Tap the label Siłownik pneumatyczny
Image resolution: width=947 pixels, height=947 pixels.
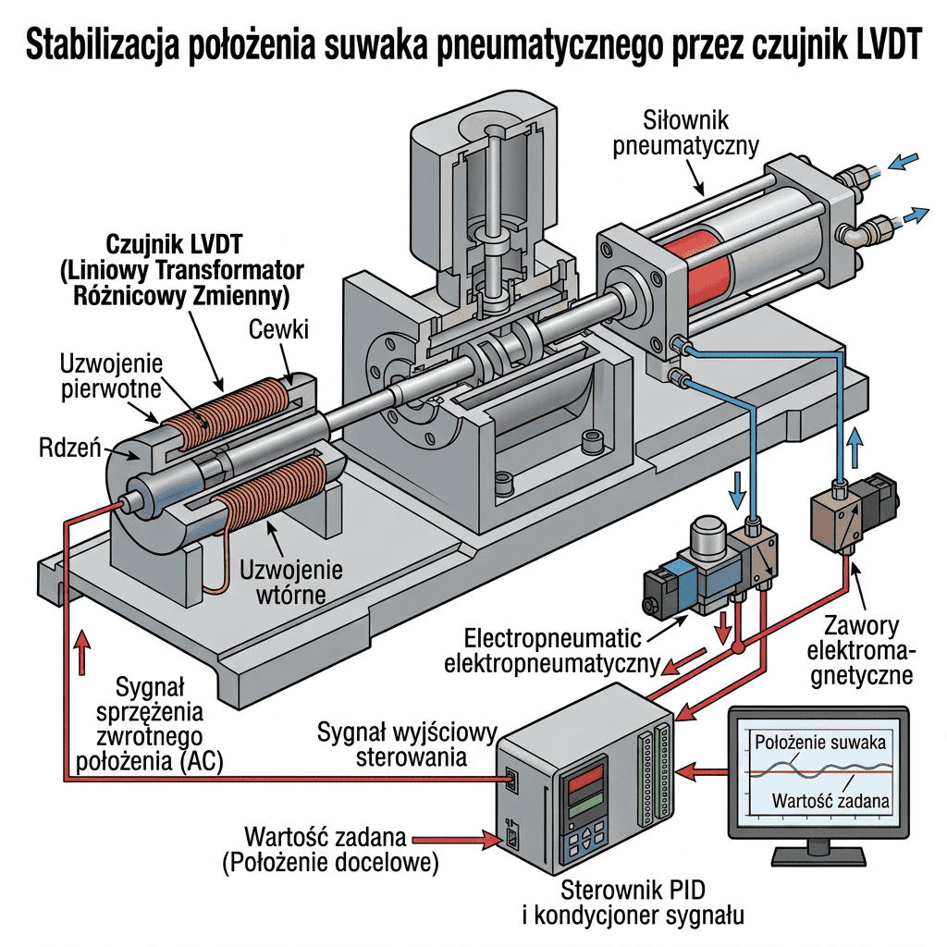(685, 133)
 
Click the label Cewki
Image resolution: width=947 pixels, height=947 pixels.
(278, 330)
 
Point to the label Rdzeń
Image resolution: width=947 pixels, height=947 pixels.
(69, 448)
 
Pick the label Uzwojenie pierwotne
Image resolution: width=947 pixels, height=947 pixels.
(111, 376)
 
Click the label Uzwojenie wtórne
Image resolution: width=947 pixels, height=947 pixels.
(291, 583)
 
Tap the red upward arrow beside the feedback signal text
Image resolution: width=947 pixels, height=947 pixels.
(82, 651)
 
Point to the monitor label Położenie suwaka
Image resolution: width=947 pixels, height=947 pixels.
(820, 743)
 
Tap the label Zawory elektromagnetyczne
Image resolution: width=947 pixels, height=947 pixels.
(861, 650)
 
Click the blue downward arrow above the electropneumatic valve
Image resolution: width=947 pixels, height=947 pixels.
(736, 491)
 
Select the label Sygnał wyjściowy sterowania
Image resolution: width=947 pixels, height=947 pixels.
(408, 744)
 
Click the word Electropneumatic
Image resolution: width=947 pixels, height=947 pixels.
(553, 638)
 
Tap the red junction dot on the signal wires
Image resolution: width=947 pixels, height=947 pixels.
(737, 648)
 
